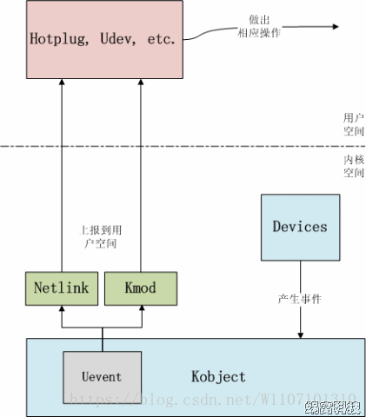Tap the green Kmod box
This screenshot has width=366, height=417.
pyautogui.click(x=140, y=287)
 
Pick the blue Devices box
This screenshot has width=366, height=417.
pyautogui.click(x=300, y=226)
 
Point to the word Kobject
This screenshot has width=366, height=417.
pyautogui.click(x=218, y=377)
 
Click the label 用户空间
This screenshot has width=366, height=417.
pyautogui.click(x=353, y=123)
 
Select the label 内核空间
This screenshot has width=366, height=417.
pyautogui.click(x=353, y=166)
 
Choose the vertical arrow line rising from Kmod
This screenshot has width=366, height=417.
pyautogui.click(x=140, y=174)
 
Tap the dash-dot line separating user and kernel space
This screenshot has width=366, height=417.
pyautogui.click(x=174, y=145)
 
